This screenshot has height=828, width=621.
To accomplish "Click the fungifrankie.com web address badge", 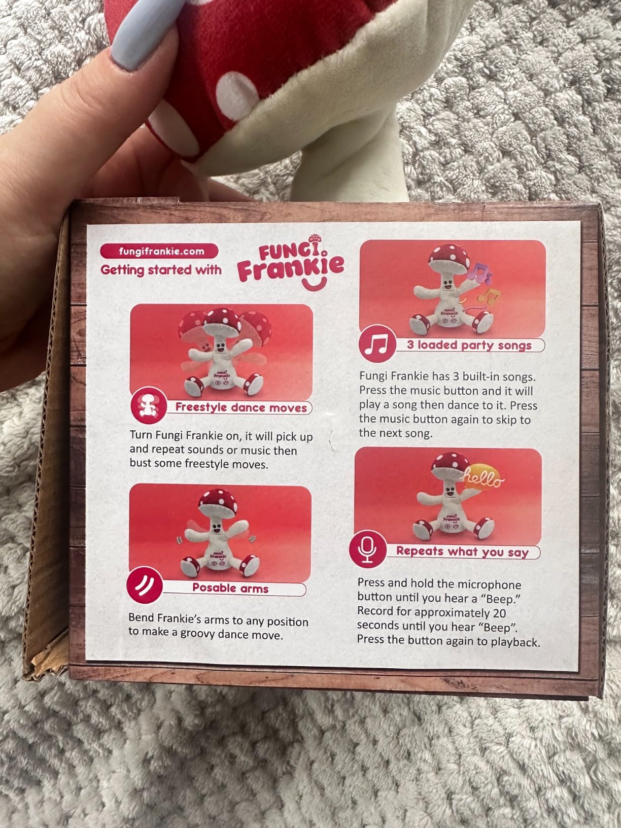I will (159, 251).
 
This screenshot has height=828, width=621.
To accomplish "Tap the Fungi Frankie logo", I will (291, 263).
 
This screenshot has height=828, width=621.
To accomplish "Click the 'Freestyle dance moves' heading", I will (241, 407).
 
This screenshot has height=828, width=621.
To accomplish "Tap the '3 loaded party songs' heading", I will (469, 346).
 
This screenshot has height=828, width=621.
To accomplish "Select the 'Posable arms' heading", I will (230, 588).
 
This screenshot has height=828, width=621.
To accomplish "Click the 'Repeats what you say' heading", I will (462, 551).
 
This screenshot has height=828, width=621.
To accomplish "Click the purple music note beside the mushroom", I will (479, 272).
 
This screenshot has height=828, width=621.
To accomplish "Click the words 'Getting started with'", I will (161, 270).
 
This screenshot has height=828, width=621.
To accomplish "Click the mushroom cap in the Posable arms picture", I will (219, 502).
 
